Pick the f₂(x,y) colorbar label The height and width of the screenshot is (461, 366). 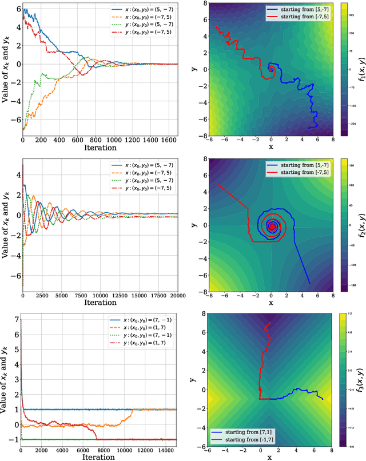point(361,225)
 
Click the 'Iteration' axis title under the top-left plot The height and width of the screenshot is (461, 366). point(100,148)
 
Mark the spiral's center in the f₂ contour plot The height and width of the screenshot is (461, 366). point(272,227)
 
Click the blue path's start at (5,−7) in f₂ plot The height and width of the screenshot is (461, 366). point(309,283)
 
